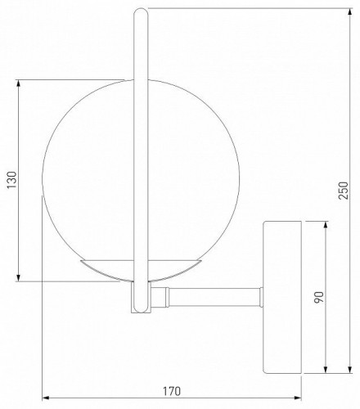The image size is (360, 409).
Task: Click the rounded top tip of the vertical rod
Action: coord(139,9)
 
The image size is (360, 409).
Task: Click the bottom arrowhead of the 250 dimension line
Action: coord(338,371)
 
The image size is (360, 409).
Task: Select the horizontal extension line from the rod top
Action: coord(237,7)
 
